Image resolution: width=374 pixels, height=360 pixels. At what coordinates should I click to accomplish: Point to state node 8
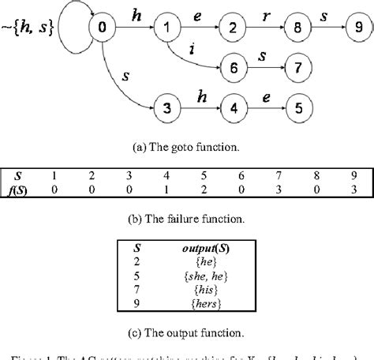(296, 28)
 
